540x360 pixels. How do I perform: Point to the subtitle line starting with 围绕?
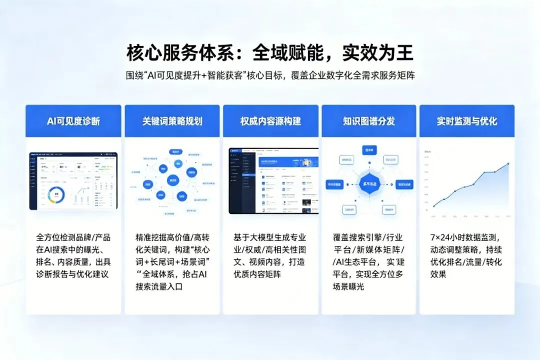click(270, 75)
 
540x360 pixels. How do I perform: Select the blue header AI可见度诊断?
click(73, 121)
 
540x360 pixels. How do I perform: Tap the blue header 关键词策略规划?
click(172, 121)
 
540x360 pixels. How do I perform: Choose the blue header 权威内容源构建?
click(270, 121)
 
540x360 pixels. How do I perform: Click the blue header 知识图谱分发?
click(368, 121)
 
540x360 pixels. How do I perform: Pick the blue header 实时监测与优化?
click(467, 121)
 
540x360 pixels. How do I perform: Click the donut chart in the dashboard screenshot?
click(56, 193)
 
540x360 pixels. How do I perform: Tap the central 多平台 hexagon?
click(368, 183)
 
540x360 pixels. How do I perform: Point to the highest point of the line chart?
click(508, 163)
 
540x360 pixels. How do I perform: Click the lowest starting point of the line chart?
click(433, 206)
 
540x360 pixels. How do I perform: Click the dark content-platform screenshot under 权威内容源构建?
click(273, 180)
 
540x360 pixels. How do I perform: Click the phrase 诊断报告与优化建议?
click(72, 274)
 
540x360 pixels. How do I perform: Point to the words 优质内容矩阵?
click(263, 274)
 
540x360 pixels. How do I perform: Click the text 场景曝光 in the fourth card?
click(350, 286)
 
